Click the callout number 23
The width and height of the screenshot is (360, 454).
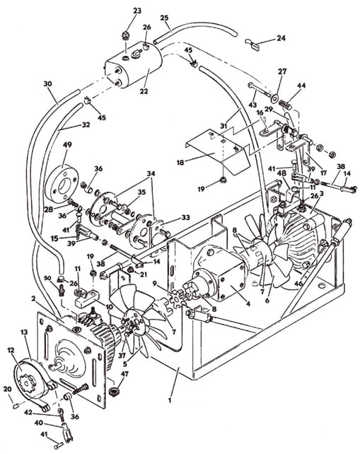[x=137, y=11]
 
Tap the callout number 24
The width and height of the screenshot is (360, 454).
[x=281, y=38]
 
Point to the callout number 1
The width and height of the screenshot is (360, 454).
[x=170, y=401]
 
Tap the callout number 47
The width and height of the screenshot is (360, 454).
[x=124, y=374]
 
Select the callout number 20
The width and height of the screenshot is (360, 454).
[x=8, y=390]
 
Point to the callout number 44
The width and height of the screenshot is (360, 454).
[x=301, y=86]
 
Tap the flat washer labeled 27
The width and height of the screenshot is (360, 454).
[x=273, y=98]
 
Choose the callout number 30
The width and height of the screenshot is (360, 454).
[x=48, y=84]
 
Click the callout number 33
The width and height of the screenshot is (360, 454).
[x=185, y=217]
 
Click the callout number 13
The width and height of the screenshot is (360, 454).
[x=24, y=332]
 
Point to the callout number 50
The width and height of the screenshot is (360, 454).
[x=47, y=279]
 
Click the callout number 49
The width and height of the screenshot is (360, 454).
[x=67, y=144]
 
